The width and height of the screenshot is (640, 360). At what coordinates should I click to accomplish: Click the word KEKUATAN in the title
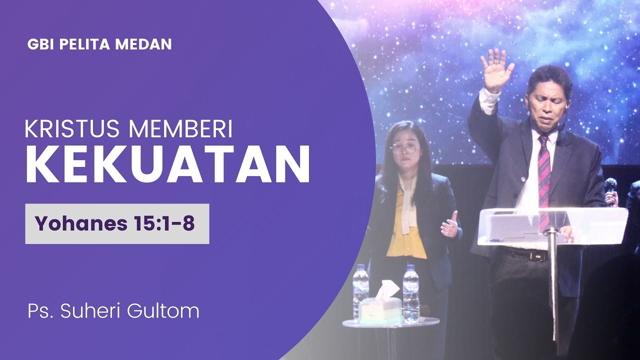[167, 164]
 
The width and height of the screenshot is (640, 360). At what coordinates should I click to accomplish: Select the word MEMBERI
[181, 129]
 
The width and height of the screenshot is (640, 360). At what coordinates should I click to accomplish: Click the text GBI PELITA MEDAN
[99, 44]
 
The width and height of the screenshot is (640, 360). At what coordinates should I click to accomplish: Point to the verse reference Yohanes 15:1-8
[114, 224]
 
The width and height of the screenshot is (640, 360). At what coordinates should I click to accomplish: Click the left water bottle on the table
[360, 292]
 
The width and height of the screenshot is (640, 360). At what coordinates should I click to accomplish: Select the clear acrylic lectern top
[552, 225]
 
